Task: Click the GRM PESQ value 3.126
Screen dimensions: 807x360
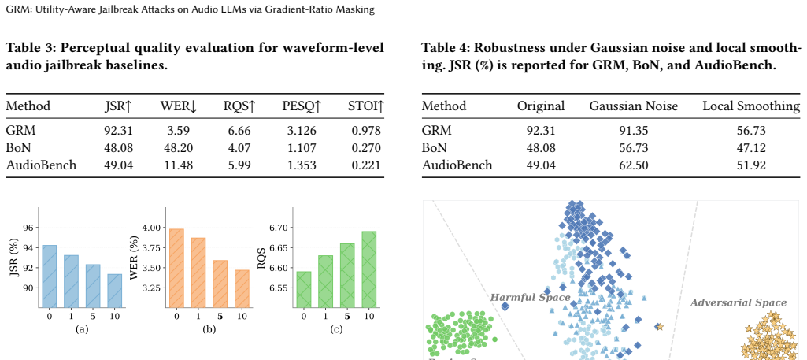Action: tap(299, 131)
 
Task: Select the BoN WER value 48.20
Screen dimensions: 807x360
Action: tap(178, 148)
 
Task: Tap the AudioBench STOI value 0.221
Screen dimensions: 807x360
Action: tap(365, 165)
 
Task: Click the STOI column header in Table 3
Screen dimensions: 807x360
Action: tap(366, 106)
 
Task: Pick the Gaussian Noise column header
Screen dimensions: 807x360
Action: tap(634, 106)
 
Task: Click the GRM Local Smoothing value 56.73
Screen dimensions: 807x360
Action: tap(751, 131)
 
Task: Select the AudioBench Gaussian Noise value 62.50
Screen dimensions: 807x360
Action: tap(634, 165)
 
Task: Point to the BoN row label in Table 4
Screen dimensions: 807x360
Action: tap(431, 148)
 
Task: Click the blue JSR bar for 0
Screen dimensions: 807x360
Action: tap(50, 276)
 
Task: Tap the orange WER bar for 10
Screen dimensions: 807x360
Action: tap(242, 289)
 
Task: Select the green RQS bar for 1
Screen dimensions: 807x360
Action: tap(325, 282)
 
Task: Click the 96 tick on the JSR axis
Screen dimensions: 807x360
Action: tap(28, 228)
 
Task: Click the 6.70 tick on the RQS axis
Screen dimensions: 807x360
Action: tap(279, 228)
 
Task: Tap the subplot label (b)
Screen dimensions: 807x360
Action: tap(209, 329)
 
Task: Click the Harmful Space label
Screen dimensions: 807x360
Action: tap(530, 298)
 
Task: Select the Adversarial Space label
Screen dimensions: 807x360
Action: tap(739, 302)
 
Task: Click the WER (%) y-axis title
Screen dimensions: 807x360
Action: tap(135, 258)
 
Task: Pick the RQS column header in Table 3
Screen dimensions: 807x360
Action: tap(239, 106)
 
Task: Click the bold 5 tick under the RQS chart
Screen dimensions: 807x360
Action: tap(347, 316)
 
